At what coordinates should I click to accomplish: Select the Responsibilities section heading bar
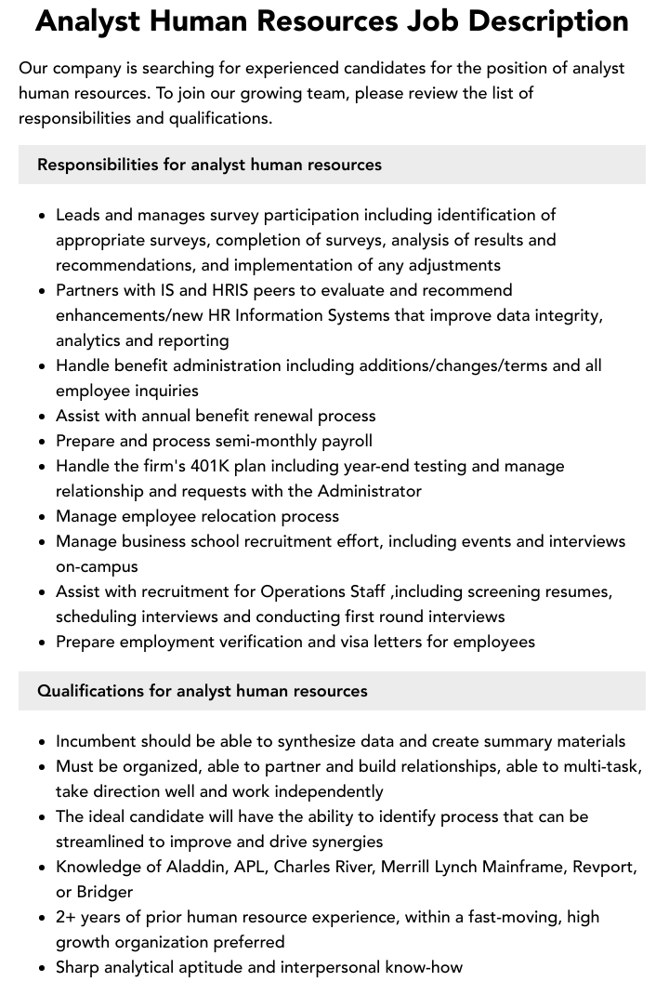click(x=332, y=165)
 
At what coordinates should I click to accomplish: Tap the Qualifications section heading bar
click(x=332, y=691)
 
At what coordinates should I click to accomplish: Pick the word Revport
click(x=603, y=867)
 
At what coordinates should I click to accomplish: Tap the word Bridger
click(x=105, y=892)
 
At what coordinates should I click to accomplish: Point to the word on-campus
click(x=97, y=566)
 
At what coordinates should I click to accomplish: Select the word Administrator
click(x=370, y=491)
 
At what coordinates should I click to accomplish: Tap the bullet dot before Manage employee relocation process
click(x=43, y=517)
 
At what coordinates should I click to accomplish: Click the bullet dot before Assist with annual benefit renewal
click(x=43, y=417)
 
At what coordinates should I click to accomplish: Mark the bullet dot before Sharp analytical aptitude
click(x=43, y=968)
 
